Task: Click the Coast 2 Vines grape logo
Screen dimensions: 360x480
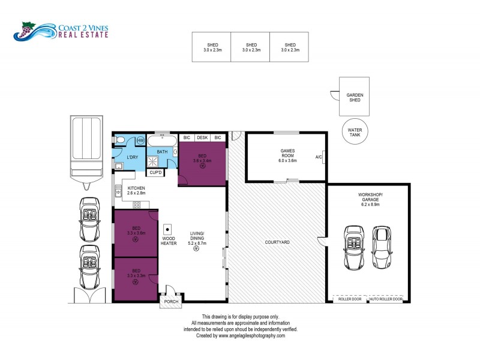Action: [x=26, y=30]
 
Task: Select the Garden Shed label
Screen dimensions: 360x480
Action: [x=355, y=98]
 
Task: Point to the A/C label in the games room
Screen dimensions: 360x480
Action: [x=318, y=157]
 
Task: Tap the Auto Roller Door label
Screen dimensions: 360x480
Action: [x=385, y=299]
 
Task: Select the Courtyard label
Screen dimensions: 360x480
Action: [x=277, y=242]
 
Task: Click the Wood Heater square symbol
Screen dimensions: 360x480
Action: [x=168, y=228]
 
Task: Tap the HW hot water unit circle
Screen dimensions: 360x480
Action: [x=140, y=140]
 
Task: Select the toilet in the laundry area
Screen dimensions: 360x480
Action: [x=120, y=141]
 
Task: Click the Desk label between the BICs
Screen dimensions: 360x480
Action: [x=202, y=138]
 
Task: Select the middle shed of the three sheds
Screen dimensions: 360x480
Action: [x=251, y=47]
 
